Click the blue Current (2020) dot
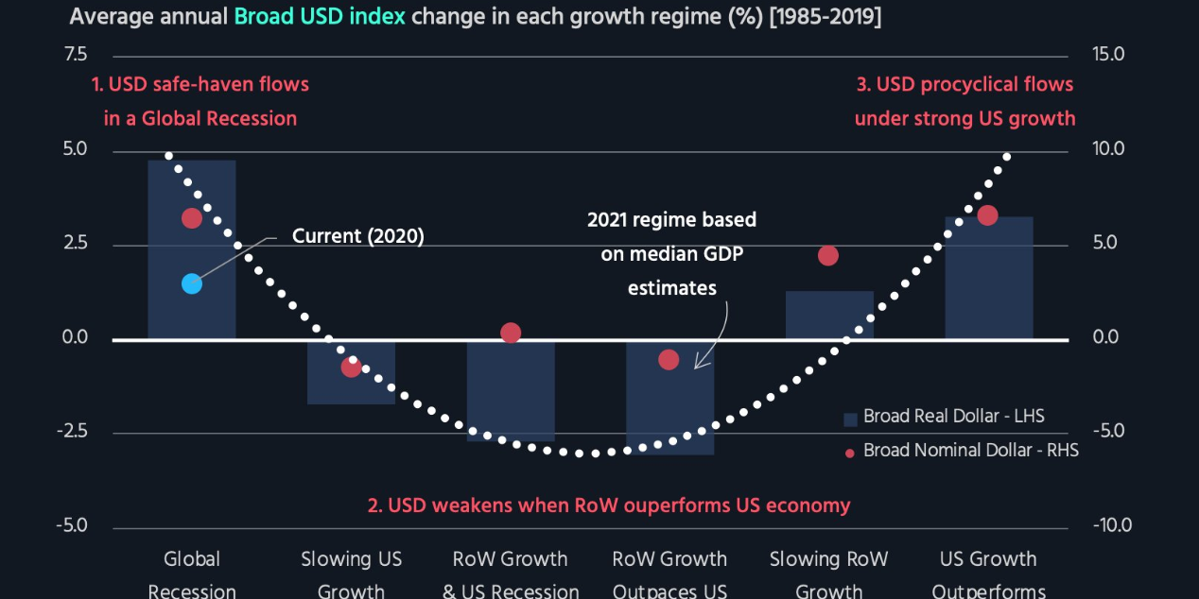(192, 283)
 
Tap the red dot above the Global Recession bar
(192, 218)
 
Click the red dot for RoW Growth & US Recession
(511, 333)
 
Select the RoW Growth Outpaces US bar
(669, 406)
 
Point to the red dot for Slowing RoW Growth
(828, 256)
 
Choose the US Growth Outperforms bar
(988, 283)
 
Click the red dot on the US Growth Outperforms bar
(987, 215)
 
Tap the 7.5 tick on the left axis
(75, 55)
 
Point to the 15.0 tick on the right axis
(1107, 55)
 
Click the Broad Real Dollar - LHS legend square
(849, 418)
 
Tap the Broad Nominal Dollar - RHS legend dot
(849, 453)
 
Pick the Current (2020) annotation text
(357, 236)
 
